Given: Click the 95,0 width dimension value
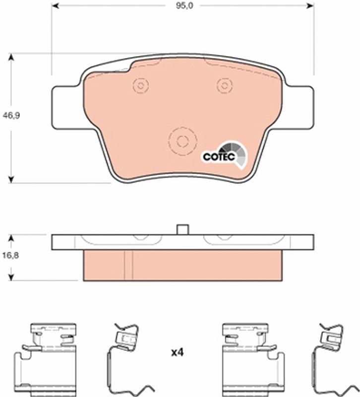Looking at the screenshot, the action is [184, 5].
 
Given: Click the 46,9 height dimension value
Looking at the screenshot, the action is [11, 116].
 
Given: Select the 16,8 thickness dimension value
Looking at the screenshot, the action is [10, 255].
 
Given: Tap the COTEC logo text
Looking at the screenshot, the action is [219, 157].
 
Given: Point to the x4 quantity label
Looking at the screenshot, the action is [177, 352].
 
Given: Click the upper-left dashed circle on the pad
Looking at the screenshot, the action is [141, 85].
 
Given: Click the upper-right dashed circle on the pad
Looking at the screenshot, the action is [225, 85].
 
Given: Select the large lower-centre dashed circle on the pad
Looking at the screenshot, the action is [182, 141].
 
